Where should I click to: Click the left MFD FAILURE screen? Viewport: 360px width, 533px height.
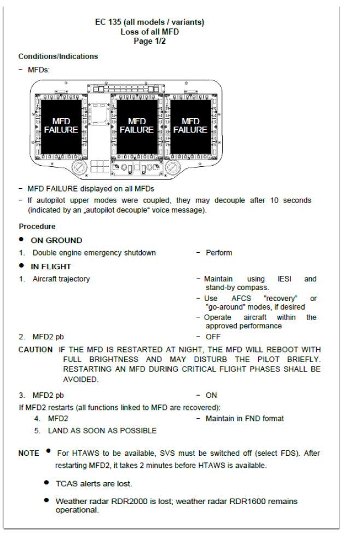pos(61,126)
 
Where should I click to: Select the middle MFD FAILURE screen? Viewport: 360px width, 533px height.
pos(137,126)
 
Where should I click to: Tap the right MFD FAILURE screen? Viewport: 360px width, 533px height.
pos(190,126)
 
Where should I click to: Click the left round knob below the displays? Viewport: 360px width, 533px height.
pos(79,167)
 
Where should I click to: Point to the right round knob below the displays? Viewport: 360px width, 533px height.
pos(172,167)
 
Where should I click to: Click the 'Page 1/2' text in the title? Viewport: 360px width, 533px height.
pos(149,41)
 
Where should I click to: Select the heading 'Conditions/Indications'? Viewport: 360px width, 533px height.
pos(58,56)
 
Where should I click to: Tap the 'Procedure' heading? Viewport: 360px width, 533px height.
pos(37,227)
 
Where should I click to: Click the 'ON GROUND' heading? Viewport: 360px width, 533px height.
pos(56,240)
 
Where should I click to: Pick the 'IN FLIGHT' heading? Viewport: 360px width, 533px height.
pos(51,266)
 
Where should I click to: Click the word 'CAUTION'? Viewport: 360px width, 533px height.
pos(36,350)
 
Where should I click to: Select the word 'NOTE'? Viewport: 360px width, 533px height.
pos(29,454)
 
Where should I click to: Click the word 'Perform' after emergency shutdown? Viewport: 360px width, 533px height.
pos(219,253)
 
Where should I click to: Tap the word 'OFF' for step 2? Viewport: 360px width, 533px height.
pos(213,337)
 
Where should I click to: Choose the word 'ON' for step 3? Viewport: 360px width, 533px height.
pos(211,395)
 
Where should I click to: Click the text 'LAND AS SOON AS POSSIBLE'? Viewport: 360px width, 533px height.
pos(102,431)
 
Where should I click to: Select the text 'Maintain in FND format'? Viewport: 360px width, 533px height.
pos(245,419)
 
